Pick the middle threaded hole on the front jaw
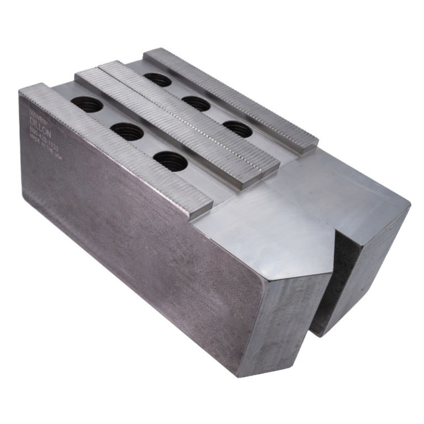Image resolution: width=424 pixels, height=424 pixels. (x=127, y=131)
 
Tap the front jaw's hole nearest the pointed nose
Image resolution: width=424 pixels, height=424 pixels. (x=170, y=161)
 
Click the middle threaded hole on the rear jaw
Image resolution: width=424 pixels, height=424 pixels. (x=197, y=103)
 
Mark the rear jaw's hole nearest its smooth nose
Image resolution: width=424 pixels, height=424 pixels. (x=239, y=129)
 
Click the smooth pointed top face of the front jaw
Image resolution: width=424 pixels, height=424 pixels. (x=265, y=226)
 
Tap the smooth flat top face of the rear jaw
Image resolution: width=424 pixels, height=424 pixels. (x=348, y=188)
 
